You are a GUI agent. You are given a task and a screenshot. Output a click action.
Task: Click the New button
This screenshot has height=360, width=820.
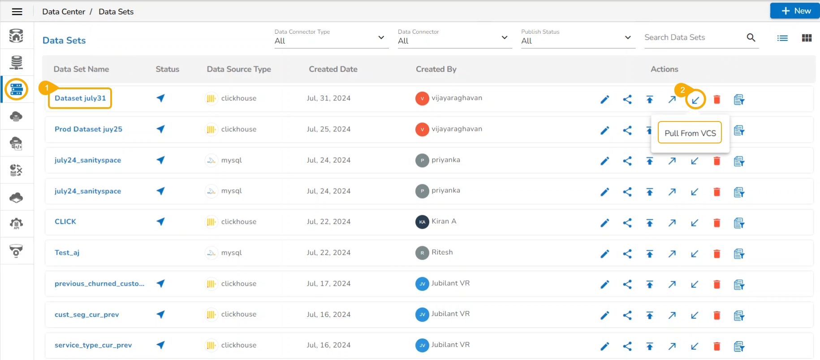click(x=795, y=11)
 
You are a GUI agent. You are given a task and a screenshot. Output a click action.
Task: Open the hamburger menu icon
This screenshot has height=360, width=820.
click(x=17, y=12)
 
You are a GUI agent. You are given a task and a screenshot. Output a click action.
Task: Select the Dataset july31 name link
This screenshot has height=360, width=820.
click(x=80, y=98)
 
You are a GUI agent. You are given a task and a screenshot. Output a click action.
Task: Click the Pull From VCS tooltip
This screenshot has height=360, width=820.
click(x=690, y=133)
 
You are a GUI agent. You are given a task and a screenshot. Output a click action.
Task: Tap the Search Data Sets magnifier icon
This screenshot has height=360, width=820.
click(x=751, y=38)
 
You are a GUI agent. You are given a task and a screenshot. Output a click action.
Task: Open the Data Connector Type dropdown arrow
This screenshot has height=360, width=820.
click(x=381, y=38)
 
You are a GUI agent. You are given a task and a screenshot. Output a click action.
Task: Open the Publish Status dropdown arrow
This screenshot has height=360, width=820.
click(x=627, y=38)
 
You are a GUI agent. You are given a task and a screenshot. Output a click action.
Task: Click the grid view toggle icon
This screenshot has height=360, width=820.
click(x=807, y=38)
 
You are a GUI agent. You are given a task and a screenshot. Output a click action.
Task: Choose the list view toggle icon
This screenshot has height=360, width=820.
click(x=782, y=38)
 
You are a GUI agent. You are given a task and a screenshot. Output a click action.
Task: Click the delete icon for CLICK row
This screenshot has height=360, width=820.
click(x=716, y=223)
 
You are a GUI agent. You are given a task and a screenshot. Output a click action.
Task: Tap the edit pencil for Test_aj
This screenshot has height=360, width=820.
click(x=604, y=254)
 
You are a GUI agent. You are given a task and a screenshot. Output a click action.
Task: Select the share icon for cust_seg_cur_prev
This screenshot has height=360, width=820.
click(x=627, y=315)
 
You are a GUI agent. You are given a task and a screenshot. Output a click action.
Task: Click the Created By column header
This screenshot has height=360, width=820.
click(x=436, y=69)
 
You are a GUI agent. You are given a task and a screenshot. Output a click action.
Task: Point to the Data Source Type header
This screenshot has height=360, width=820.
click(x=239, y=69)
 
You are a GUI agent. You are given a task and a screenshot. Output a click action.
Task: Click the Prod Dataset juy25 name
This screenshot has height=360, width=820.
click(x=88, y=129)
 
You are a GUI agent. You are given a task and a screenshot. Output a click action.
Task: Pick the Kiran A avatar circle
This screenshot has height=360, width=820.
click(x=422, y=222)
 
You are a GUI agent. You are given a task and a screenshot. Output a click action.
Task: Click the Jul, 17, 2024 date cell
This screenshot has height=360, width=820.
click(x=328, y=284)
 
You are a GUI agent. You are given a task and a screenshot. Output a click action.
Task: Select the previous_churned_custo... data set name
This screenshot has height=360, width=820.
click(x=99, y=284)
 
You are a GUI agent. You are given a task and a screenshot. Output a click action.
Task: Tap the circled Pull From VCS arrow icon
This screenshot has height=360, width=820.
click(x=695, y=100)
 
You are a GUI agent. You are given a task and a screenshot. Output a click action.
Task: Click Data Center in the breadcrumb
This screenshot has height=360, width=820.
click(x=64, y=12)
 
